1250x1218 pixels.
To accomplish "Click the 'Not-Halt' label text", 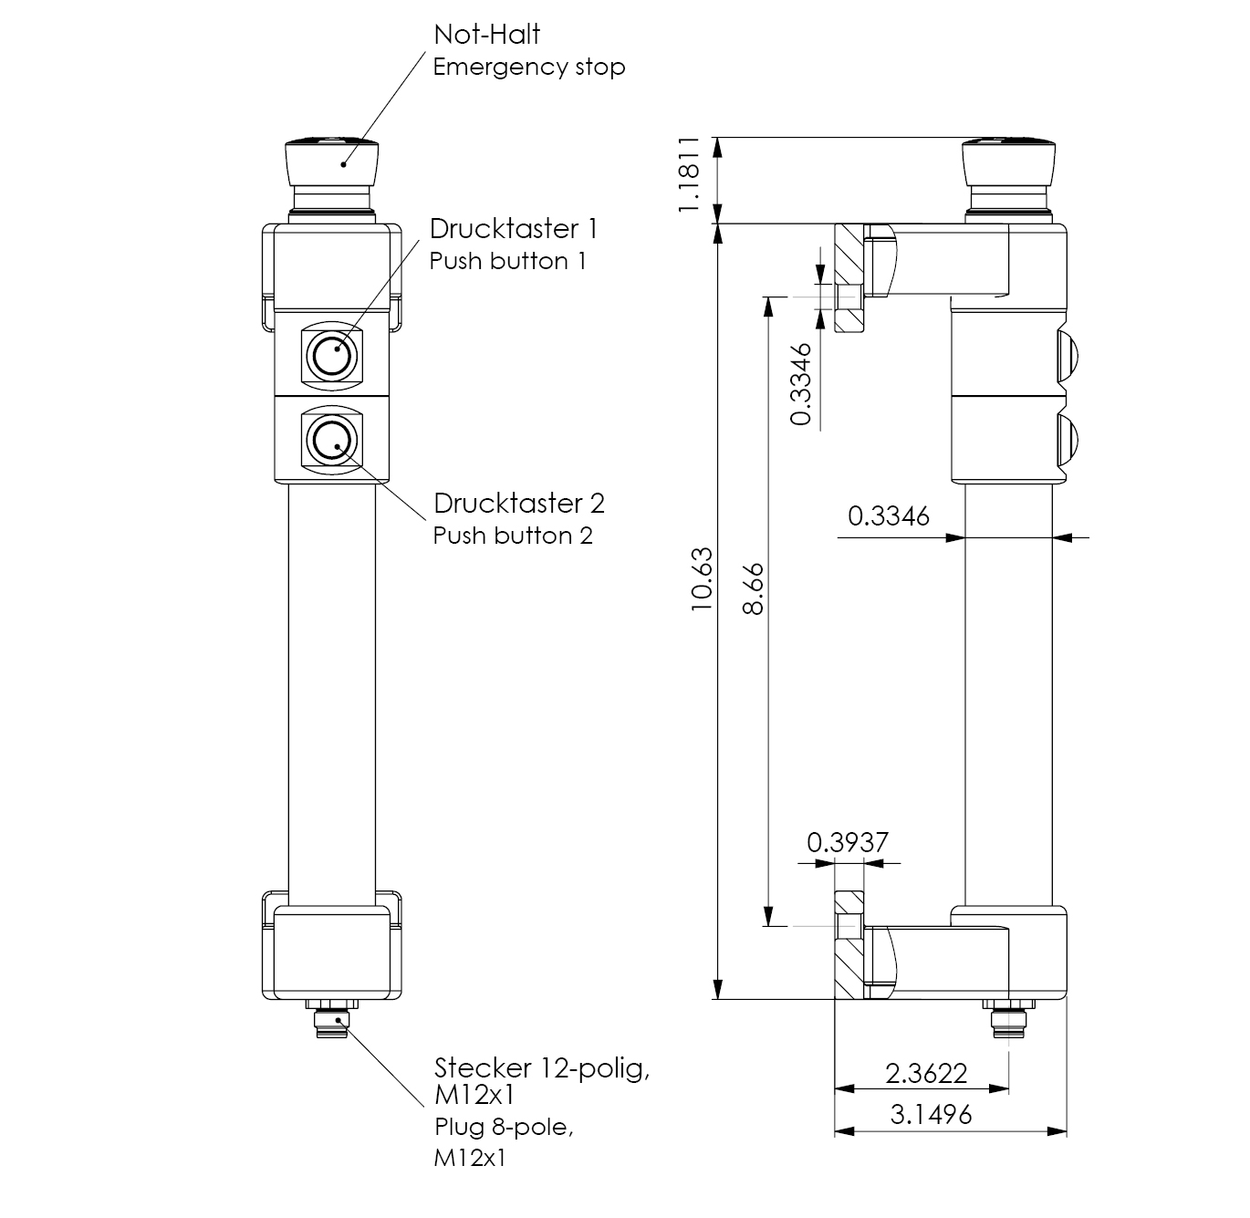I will (486, 35).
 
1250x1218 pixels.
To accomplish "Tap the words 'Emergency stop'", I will (528, 68).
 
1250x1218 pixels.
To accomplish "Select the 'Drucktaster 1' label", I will (514, 228).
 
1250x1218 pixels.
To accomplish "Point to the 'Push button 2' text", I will (512, 536).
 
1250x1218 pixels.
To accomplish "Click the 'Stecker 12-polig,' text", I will (542, 1067).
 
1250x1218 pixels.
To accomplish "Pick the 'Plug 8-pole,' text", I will (503, 1128).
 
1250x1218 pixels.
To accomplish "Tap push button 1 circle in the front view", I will (330, 354).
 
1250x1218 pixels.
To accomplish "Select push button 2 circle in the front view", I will (330, 442).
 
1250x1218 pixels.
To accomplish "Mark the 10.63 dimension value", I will (701, 579).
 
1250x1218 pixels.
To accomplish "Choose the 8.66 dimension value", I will (753, 589).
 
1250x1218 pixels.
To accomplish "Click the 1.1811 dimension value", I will (690, 176).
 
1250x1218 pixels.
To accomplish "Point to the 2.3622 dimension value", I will (925, 1074).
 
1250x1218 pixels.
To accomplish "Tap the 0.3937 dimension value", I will (847, 841).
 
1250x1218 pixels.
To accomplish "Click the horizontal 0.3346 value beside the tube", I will (889, 516).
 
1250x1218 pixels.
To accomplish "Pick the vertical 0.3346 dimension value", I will (801, 384).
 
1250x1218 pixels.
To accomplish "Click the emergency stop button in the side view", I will (1009, 162).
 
